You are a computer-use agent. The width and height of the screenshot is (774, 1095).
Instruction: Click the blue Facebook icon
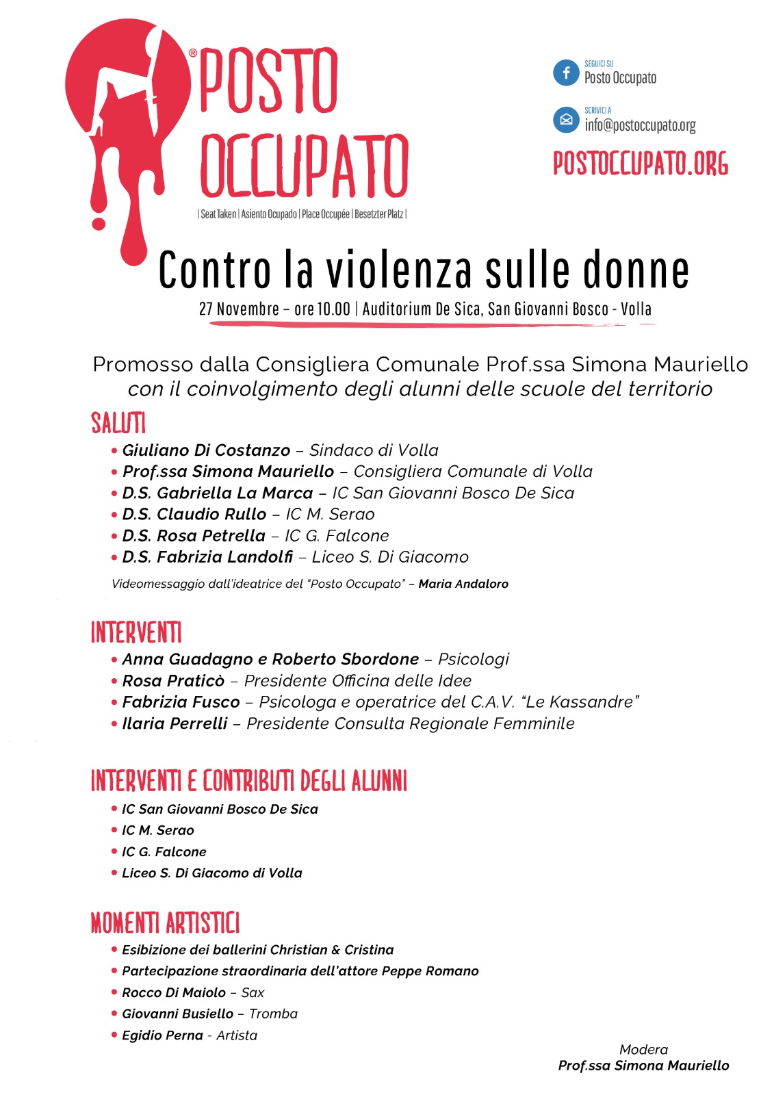coord(566,73)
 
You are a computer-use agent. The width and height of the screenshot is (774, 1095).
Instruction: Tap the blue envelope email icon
coord(566,120)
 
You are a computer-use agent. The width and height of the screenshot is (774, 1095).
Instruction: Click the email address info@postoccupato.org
coord(640,125)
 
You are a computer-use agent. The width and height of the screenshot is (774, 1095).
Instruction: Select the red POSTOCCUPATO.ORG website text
coord(641,164)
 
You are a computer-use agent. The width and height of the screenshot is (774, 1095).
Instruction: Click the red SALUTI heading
coord(118,423)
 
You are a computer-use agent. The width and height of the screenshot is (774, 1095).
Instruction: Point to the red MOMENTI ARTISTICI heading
coord(165,923)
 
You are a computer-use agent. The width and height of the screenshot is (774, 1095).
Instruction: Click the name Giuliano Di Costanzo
coord(206,450)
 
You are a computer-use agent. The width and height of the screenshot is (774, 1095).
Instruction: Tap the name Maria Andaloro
coord(463,584)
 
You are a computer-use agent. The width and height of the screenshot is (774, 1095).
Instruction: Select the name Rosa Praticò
coord(173,681)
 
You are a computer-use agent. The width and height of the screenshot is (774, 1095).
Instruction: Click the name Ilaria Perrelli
coord(175,723)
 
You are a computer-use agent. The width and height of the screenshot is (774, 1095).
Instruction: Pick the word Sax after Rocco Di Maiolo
coord(253,992)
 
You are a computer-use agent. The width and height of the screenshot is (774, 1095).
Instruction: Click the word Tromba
coord(273,1014)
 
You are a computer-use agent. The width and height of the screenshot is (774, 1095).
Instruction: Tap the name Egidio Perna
coord(162,1035)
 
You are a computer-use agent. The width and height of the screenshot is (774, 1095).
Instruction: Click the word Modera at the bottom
coord(643,1049)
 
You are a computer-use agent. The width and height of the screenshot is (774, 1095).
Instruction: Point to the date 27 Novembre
coord(239,309)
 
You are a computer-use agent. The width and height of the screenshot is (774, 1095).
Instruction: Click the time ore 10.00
coord(322,309)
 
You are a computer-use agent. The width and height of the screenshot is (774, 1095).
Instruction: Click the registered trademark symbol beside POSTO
coord(193,53)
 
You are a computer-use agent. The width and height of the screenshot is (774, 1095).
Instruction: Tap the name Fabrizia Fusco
coord(181,702)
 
